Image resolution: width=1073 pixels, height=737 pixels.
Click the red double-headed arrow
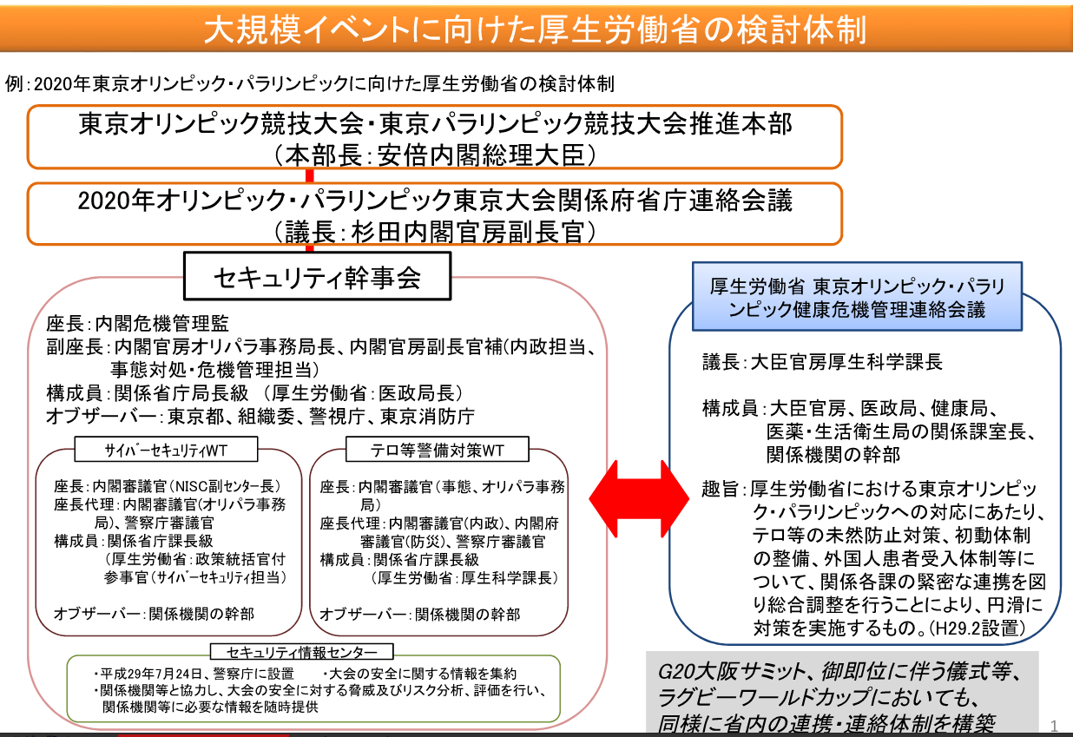[639, 498]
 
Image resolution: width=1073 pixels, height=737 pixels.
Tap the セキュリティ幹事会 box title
[317, 277]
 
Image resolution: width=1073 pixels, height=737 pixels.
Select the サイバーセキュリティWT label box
[166, 450]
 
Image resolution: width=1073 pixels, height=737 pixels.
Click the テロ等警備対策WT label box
[438, 450]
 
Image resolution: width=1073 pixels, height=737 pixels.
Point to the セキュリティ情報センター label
[302, 652]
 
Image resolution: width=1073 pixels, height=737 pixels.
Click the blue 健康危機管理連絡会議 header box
[857, 297]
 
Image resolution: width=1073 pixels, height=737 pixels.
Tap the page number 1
[1054, 725]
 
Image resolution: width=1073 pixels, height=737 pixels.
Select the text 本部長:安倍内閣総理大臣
[436, 155]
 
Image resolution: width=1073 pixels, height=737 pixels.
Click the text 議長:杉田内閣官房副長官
[434, 233]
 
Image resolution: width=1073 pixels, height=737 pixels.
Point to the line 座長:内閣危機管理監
[137, 323]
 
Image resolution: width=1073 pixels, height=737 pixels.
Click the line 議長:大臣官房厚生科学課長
[822, 362]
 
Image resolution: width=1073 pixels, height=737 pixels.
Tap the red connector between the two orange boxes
[309, 175]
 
